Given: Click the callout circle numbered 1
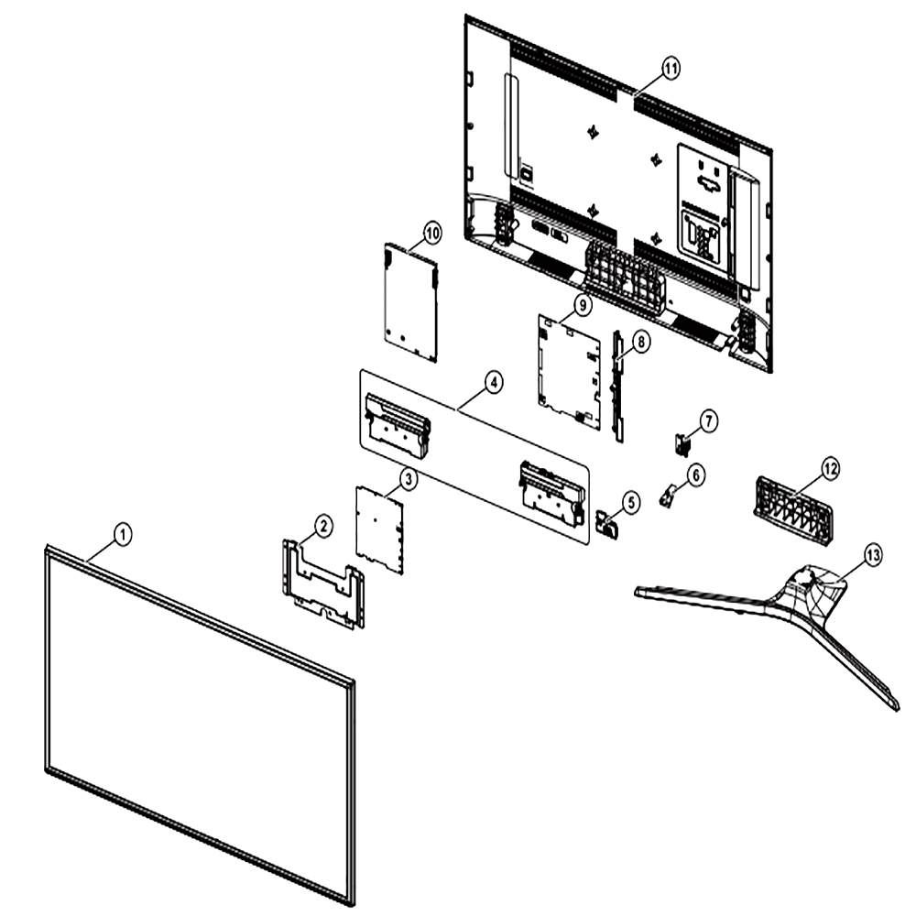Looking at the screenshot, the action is coord(122,534).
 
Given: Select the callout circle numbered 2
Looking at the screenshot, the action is coord(323,527).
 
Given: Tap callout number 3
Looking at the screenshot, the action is coord(408,480).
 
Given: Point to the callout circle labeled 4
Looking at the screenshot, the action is coord(494,383).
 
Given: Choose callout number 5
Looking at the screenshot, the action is coord(630,502).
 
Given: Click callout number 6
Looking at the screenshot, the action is coord(695,474).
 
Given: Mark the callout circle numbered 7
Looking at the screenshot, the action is coord(708,421).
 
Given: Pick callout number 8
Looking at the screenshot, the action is coord(641,342).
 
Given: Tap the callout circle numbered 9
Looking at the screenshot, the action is coord(583,304).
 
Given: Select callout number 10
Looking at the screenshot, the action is coord(432,234).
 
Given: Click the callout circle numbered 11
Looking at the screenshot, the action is coord(671,69).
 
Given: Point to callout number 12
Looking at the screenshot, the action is coord(830,468).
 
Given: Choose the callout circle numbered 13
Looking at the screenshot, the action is coord(873,555).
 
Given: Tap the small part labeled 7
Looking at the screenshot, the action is coord(682,444).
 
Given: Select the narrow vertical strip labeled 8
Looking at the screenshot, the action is coord(618,386).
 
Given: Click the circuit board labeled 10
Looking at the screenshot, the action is coord(410,302).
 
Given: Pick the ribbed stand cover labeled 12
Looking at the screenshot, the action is coord(793,511).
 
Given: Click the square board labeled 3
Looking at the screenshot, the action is coord(380,529).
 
